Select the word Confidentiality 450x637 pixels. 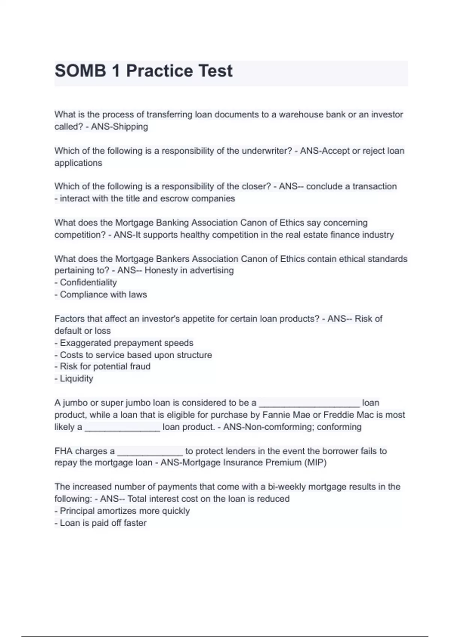[88, 283]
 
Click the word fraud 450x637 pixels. [140, 366]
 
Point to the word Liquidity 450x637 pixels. [76, 378]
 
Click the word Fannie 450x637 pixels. [274, 415]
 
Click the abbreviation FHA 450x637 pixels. [63, 451]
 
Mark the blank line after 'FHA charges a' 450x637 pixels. [150, 453]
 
